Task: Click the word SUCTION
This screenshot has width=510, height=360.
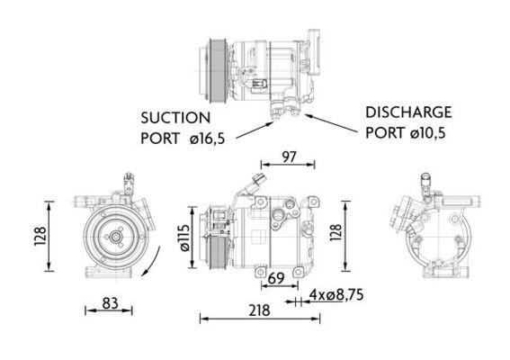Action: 174,117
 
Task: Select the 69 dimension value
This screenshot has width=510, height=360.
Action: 277,280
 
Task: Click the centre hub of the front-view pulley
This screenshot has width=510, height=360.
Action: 115,238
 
